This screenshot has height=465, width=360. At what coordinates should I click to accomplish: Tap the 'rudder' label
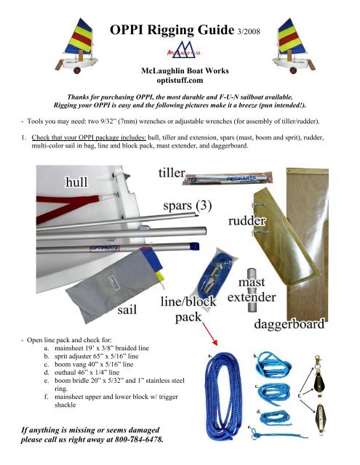coord(249,218)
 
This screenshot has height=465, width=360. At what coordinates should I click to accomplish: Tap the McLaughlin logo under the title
coord(179,52)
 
